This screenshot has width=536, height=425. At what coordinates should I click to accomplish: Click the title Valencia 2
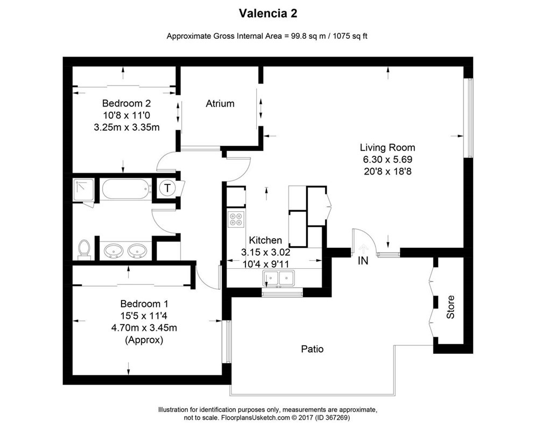pyautogui.click(x=267, y=12)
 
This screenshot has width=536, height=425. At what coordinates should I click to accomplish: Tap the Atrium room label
pyautogui.click(x=220, y=103)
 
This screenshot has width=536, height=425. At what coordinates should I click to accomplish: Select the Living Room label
pyautogui.click(x=387, y=147)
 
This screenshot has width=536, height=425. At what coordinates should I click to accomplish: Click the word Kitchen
pyautogui.click(x=265, y=240)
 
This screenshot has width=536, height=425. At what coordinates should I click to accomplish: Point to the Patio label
pyautogui.click(x=312, y=349)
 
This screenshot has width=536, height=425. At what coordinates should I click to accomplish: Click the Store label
pyautogui.click(x=450, y=307)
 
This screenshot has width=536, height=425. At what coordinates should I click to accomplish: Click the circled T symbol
pyautogui.click(x=168, y=188)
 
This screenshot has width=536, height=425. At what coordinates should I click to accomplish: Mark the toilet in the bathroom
pyautogui.click(x=83, y=248)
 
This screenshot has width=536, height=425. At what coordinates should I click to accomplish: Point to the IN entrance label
pyautogui.click(x=364, y=261)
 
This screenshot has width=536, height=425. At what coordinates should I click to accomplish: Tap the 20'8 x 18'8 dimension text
pyautogui.click(x=387, y=171)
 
